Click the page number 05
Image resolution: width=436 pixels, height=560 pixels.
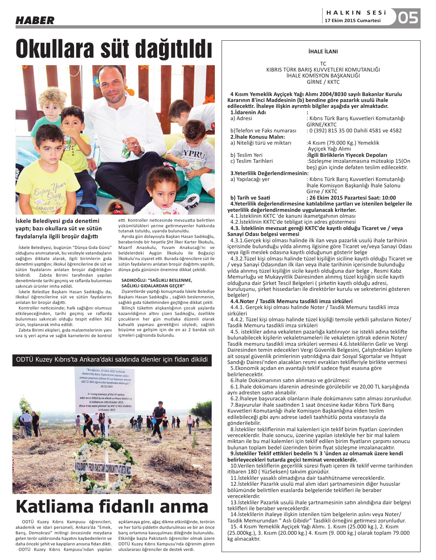(408, 18)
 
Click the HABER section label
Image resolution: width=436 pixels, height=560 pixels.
(35, 21)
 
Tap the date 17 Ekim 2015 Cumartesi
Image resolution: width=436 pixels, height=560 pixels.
(353, 21)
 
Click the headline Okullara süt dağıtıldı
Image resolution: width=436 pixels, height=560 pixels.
(114, 49)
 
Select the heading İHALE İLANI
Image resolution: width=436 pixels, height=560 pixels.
(323, 51)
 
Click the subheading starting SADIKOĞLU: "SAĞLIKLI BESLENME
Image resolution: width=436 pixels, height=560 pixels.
(157, 283)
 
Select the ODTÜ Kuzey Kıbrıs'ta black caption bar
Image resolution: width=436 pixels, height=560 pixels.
(112, 359)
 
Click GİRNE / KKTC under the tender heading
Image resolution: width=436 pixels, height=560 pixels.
(323, 82)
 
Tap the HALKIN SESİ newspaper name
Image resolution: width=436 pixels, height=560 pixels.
(356, 13)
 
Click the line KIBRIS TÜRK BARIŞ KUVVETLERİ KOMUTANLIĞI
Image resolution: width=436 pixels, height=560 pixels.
(323, 70)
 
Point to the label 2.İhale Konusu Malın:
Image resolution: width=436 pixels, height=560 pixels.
(258, 137)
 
